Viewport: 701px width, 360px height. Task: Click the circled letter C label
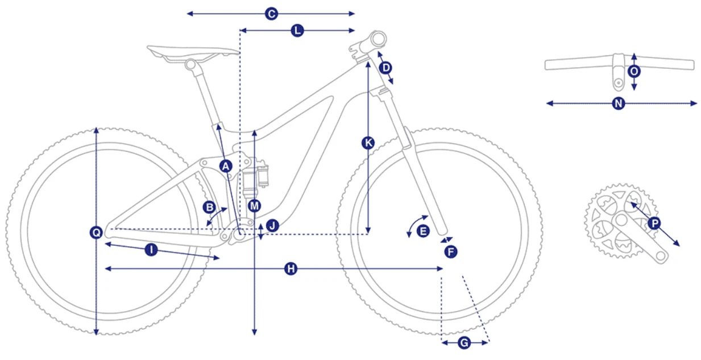[271, 14]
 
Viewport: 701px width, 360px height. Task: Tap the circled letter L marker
[297, 31]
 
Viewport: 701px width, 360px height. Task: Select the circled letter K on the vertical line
[368, 143]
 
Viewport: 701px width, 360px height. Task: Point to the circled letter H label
[291, 268]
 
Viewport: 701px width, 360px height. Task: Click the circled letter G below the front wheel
[464, 342]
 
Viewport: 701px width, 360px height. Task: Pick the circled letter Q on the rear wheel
[96, 232]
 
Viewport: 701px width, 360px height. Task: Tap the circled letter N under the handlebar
[619, 104]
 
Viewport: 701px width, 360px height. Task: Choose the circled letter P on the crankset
[654, 223]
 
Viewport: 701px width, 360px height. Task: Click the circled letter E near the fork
[423, 231]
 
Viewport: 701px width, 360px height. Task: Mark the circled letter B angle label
[209, 207]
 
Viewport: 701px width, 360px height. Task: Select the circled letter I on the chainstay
[151, 250]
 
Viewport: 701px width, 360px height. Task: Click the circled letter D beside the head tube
[385, 68]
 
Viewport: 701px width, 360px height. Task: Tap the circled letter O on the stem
[634, 72]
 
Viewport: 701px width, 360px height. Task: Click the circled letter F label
[451, 252]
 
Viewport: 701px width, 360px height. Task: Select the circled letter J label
[272, 225]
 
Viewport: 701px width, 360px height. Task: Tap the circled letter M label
[255, 206]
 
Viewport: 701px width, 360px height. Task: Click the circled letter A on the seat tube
[226, 166]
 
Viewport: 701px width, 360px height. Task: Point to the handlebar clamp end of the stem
[378, 39]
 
